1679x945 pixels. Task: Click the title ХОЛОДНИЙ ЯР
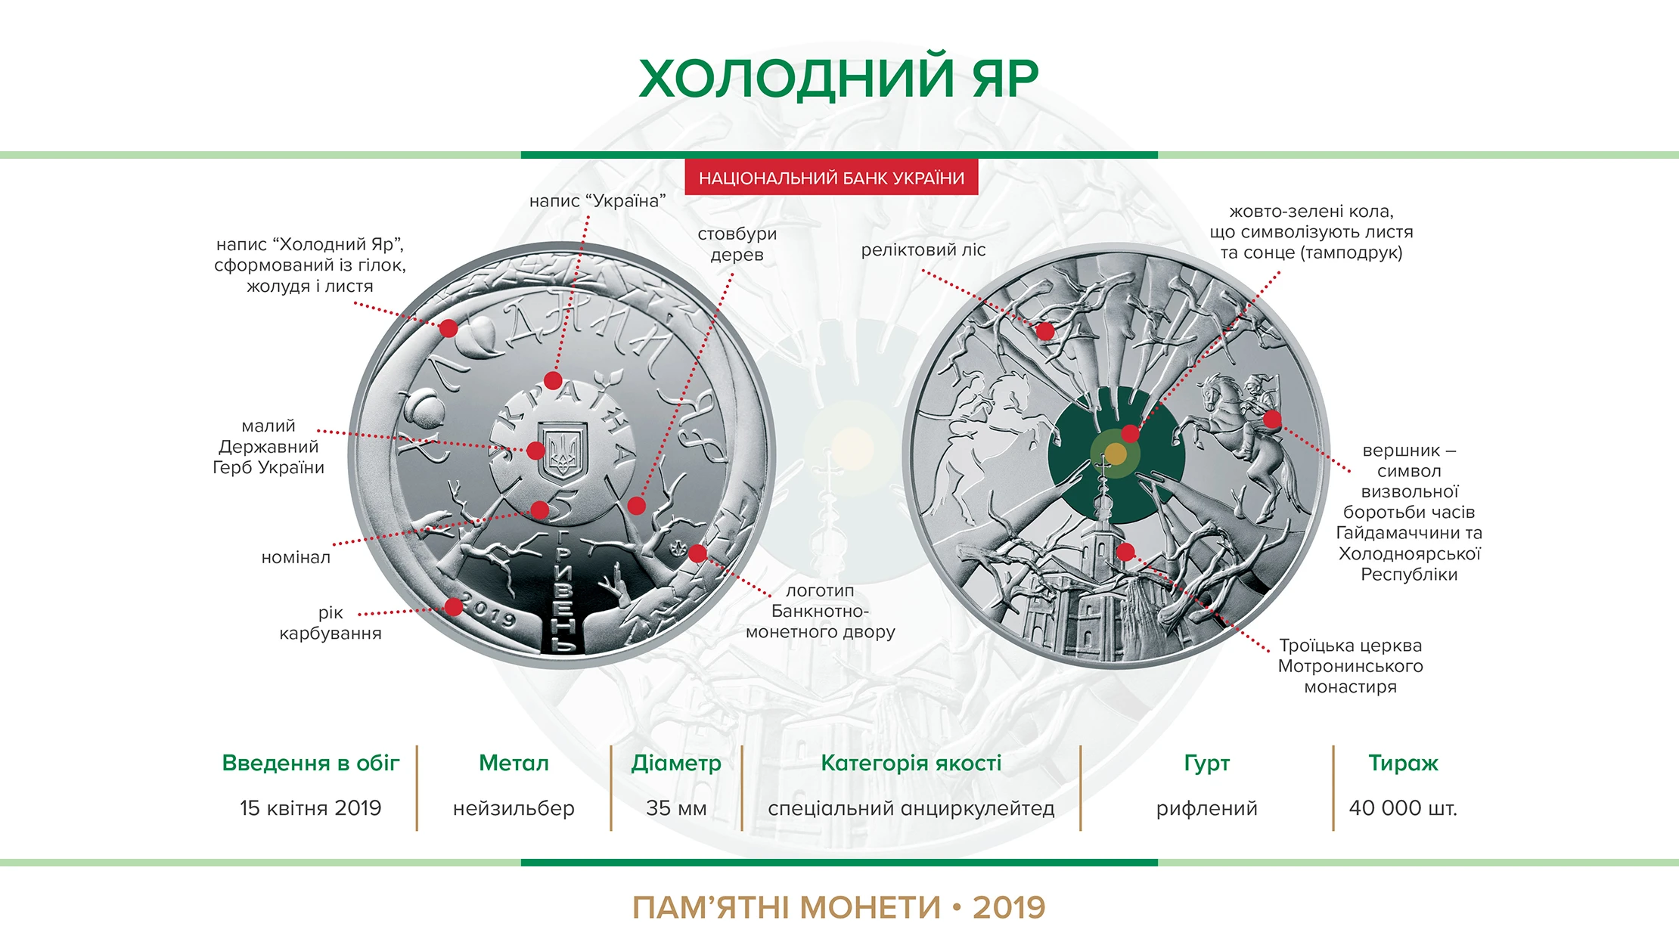pyautogui.click(x=839, y=79)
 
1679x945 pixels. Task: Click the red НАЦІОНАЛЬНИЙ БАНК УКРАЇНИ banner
pyautogui.click(x=831, y=178)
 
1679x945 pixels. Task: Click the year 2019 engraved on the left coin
pyautogui.click(x=489, y=611)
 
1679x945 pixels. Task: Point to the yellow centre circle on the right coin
pyautogui.click(x=1116, y=454)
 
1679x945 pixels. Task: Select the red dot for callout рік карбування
pyautogui.click(x=453, y=606)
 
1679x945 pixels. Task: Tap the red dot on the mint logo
pyautogui.click(x=697, y=553)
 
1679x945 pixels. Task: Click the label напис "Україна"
pyautogui.click(x=597, y=200)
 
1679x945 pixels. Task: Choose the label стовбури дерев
pyautogui.click(x=737, y=244)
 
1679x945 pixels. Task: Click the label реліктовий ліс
pyautogui.click(x=923, y=250)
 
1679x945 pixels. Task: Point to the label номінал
pyautogui.click(x=296, y=557)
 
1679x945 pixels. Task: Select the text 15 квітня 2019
pyautogui.click(x=311, y=808)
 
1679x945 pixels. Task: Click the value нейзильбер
pyautogui.click(x=514, y=808)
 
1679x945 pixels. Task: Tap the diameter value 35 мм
pyautogui.click(x=676, y=808)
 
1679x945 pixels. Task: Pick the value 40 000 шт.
pyautogui.click(x=1403, y=808)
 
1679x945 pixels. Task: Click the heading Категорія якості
pyautogui.click(x=911, y=764)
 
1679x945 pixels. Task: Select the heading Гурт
pyautogui.click(x=1207, y=764)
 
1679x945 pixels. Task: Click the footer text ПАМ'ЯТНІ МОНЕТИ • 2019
pyautogui.click(x=839, y=907)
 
